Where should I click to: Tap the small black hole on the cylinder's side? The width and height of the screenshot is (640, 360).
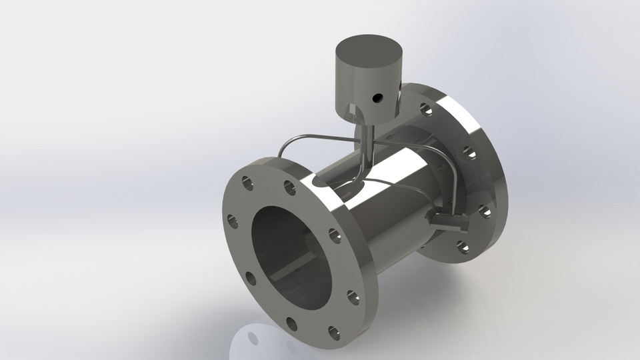(x=377, y=98)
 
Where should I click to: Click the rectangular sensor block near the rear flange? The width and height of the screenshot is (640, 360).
(x=449, y=221)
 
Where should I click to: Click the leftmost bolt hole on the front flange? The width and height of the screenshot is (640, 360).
(x=232, y=221)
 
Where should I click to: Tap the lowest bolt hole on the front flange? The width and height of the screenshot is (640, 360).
(x=292, y=324)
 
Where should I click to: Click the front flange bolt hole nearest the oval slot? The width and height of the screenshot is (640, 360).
(x=290, y=188)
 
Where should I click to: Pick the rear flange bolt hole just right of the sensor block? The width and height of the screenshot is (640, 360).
(x=484, y=211)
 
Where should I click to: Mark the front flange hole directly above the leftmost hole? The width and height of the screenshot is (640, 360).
(x=247, y=181)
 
